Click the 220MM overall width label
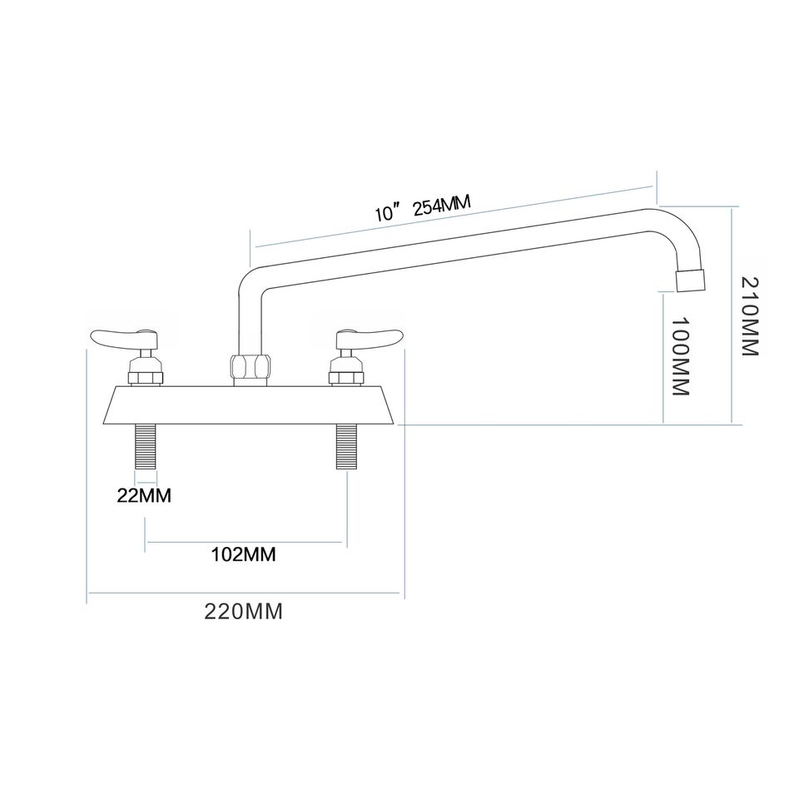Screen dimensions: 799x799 [244, 612]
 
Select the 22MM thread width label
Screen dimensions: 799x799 [145, 496]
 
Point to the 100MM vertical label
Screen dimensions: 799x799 [680, 355]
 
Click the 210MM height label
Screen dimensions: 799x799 [751, 316]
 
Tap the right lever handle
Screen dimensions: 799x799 [368, 337]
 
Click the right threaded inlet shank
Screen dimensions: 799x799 [346, 447]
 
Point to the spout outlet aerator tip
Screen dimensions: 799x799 [691, 281]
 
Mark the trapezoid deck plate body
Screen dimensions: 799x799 [250, 405]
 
